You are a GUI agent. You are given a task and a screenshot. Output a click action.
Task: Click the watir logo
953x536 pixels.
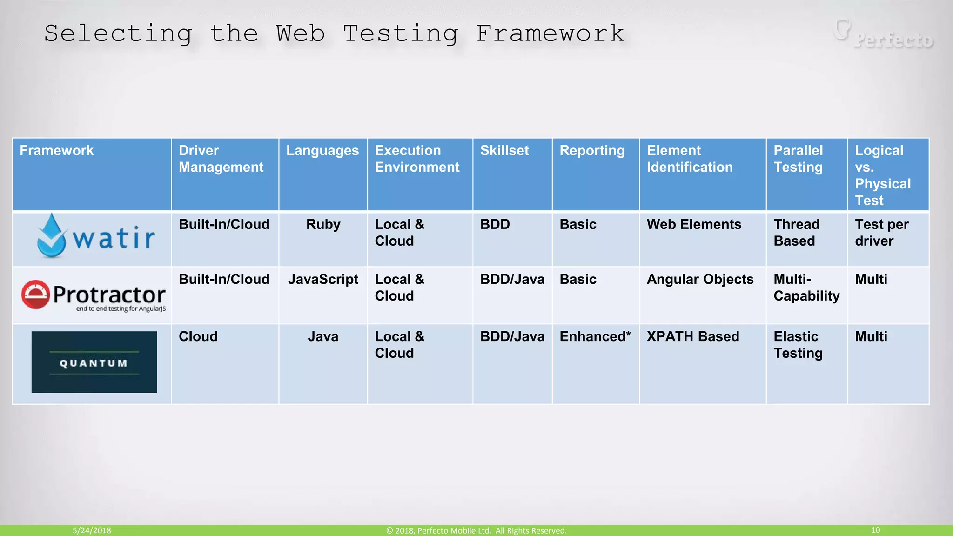tap(96, 236)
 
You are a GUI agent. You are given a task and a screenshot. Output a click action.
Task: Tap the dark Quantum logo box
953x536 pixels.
tap(94, 362)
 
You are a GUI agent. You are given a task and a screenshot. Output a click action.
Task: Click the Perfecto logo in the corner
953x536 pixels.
tap(885, 35)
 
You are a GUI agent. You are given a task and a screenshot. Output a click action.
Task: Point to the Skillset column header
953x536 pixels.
tap(504, 151)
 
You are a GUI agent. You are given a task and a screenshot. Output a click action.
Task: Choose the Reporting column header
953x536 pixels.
tap(592, 151)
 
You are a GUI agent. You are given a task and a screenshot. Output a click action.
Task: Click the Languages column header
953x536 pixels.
tap(322, 151)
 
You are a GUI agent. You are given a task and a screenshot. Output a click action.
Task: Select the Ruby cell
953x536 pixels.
tap(323, 224)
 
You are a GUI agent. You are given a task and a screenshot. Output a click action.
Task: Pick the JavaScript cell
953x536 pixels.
tap(323, 279)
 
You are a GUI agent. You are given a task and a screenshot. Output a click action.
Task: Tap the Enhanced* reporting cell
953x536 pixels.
tap(595, 336)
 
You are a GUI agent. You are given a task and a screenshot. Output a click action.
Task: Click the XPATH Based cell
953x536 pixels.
tap(693, 336)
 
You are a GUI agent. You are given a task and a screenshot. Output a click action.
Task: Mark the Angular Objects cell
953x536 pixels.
tap(700, 279)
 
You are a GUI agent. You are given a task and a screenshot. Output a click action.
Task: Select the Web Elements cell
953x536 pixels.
tap(694, 224)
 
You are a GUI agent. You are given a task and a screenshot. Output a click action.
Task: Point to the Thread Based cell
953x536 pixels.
tap(796, 233)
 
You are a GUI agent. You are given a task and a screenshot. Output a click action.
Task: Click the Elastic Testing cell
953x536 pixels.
tap(798, 345)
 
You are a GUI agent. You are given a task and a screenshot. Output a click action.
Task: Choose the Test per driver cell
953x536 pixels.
tap(881, 233)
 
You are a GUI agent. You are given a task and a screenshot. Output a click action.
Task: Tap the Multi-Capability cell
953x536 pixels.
tap(806, 288)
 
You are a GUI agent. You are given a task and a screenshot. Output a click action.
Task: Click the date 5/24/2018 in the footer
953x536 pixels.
tap(92, 530)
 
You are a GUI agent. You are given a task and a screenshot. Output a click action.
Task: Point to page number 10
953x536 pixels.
tap(875, 530)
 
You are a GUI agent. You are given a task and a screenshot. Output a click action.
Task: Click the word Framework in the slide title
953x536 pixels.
tap(550, 33)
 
